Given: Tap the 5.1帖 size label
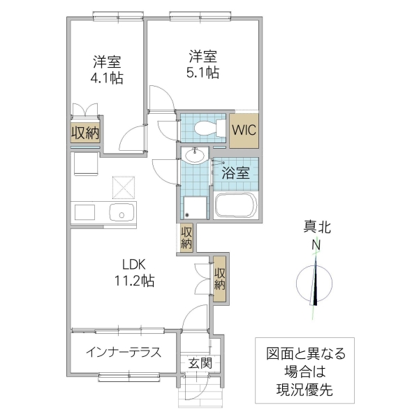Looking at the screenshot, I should tap(203, 72).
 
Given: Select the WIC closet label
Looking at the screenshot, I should tap(244, 130).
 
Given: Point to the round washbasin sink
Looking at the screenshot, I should tap(194, 154).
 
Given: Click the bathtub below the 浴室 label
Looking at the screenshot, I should tap(236, 205).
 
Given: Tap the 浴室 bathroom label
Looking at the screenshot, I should tap(236, 173).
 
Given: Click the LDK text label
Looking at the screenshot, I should tap(135, 265).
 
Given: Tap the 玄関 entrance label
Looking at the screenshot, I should tap(200, 362).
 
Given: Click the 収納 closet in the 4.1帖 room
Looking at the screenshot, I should tap(85, 133).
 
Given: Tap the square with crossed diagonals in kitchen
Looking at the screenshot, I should tap(124, 186).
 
